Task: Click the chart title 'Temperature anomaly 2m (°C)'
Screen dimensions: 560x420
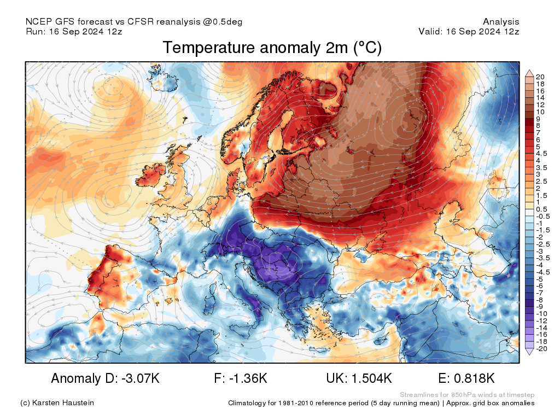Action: click(272, 48)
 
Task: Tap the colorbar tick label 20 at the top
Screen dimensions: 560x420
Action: click(540, 77)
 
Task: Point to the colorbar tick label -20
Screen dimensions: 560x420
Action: click(541, 349)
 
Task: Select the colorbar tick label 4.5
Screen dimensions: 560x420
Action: click(541, 154)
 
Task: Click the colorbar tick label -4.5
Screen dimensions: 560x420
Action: click(543, 272)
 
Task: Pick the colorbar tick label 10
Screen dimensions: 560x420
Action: click(540, 112)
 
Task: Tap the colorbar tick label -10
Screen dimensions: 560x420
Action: click(541, 314)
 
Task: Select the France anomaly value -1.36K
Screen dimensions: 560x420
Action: click(249, 378)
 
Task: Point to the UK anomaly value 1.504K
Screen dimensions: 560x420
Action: click(371, 378)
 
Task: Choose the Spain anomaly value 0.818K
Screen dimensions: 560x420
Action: click(474, 378)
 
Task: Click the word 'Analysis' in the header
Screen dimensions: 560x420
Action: click(501, 22)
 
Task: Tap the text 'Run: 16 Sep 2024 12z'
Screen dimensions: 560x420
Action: click(74, 31)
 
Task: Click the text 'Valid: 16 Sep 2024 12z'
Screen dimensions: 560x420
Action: click(469, 31)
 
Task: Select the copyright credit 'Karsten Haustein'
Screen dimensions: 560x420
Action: click(63, 403)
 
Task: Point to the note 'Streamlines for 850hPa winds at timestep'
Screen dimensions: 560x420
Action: click(467, 395)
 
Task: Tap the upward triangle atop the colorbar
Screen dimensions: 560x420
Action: click(529, 73)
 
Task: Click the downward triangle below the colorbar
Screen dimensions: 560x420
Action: click(529, 352)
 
